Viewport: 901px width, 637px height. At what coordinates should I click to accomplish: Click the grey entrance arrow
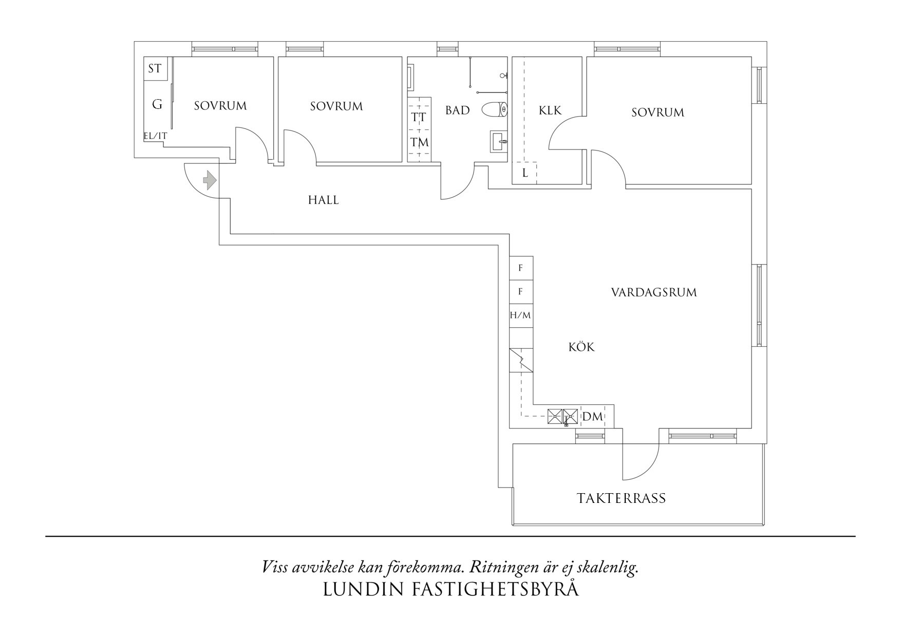(210, 180)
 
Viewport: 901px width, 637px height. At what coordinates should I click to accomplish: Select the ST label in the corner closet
(155, 68)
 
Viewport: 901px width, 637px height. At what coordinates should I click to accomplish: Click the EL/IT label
(155, 136)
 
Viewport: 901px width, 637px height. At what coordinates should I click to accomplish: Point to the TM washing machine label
(420, 142)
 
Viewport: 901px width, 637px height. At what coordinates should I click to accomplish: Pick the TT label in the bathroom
(419, 117)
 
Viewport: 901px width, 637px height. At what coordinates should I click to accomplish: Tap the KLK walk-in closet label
(550, 110)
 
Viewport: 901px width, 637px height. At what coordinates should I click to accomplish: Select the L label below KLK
(525, 173)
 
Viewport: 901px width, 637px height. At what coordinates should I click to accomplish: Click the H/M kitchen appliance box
(520, 315)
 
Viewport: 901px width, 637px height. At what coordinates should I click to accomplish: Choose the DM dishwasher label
(592, 417)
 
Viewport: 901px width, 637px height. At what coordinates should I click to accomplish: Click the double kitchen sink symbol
(562, 416)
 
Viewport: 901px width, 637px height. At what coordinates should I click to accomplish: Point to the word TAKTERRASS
(621, 498)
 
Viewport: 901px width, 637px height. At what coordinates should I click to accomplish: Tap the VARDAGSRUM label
(654, 293)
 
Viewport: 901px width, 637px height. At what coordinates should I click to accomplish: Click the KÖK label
(581, 347)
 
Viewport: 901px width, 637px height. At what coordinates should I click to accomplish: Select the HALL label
(323, 200)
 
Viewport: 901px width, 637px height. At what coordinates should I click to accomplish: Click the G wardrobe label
(157, 105)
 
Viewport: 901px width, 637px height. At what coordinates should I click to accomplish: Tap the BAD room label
(457, 110)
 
